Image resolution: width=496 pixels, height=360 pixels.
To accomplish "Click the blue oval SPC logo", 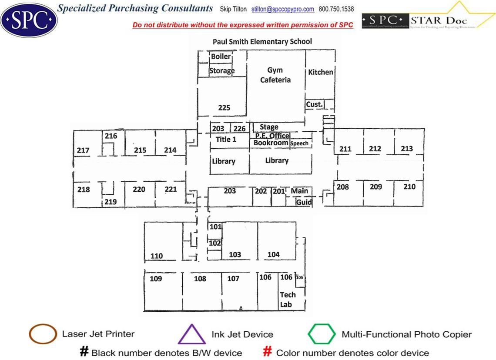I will (29, 20).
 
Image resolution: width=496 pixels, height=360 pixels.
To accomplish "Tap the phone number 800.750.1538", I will (336, 9).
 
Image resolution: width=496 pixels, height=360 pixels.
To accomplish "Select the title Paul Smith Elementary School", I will (262, 42).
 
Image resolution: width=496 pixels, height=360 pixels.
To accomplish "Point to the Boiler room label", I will (221, 57).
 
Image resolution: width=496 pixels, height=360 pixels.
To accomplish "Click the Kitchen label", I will (321, 72).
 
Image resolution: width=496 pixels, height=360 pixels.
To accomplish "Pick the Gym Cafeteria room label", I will (275, 75).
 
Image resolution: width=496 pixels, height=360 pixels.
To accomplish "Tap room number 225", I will (224, 108).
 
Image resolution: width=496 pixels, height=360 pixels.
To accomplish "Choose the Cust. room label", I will (314, 104).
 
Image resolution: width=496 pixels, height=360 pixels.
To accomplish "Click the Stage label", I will (269, 127).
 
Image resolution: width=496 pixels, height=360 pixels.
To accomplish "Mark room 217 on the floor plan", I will (83, 150).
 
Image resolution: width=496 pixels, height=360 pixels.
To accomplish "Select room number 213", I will (407, 149).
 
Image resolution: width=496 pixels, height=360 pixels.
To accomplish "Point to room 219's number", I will (111, 202).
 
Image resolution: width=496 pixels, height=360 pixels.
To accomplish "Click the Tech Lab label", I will (287, 300).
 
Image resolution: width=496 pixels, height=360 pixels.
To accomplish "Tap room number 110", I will (157, 256).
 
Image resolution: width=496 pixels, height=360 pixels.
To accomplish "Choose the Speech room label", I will (299, 143).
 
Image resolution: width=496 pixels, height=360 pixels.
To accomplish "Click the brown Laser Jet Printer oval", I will (43, 334).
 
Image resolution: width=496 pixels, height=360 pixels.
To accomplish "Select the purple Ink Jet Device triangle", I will (192, 334).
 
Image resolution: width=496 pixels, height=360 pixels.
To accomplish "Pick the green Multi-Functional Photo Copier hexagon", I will (322, 334).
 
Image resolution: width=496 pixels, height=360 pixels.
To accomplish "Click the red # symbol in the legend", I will (268, 352).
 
